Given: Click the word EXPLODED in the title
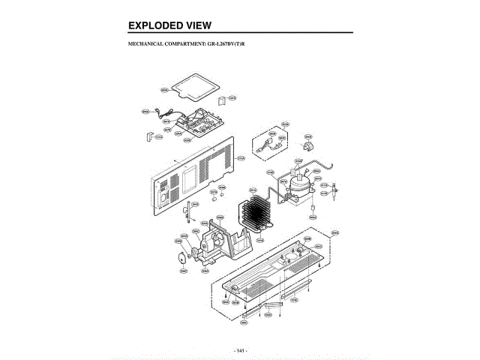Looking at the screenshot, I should point(153,25).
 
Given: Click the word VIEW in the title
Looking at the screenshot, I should point(196,25).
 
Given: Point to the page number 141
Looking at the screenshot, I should point(240,350).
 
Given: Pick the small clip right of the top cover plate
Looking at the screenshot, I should point(222,99).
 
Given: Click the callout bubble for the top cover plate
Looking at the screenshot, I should point(164,91).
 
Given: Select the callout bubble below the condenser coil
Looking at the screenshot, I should point(259,241).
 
